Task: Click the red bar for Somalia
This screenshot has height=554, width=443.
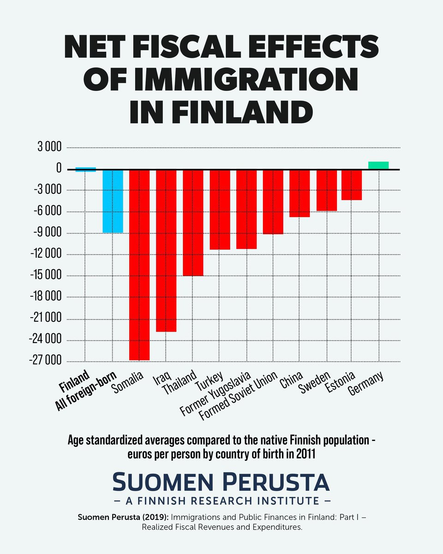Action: pyautogui.click(x=139, y=265)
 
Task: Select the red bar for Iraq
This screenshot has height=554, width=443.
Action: pyautogui.click(x=166, y=250)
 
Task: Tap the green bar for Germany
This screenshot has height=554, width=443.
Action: pyautogui.click(x=378, y=165)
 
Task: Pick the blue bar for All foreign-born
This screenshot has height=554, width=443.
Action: pyautogui.click(x=113, y=201)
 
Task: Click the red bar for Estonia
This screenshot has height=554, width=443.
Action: pyautogui.click(x=351, y=185)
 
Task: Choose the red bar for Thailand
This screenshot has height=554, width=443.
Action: pyautogui.click(x=193, y=223)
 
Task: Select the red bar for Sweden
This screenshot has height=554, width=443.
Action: pyautogui.click(x=326, y=190)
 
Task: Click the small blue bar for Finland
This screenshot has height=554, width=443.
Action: pyautogui.click(x=86, y=169)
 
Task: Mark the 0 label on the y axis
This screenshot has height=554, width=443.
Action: pyautogui.click(x=59, y=169)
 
